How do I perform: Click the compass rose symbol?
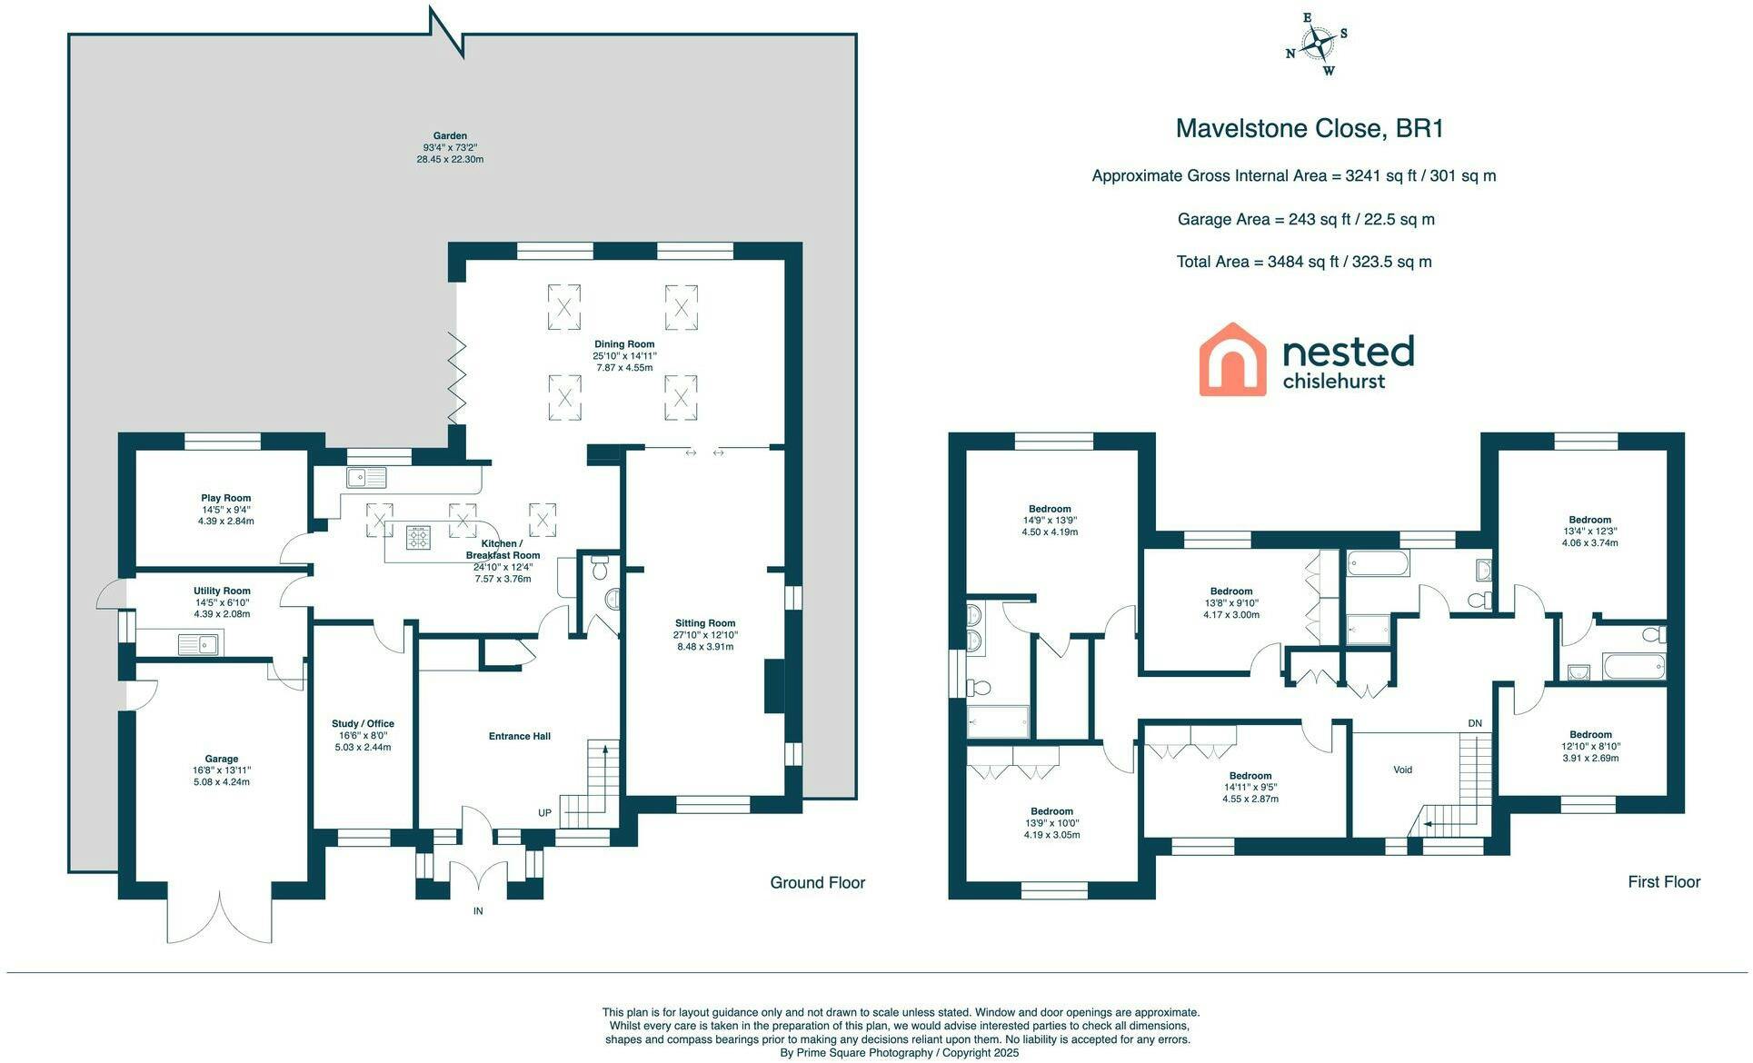[1316, 43]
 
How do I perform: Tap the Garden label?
[451, 136]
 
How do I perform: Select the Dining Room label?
[624, 344]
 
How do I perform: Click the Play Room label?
[226, 498]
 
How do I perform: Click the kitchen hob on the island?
[418, 538]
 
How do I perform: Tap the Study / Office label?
[363, 724]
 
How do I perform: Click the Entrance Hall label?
[520, 736]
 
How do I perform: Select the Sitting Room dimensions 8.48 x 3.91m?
[704, 647]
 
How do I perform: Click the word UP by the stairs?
[544, 813]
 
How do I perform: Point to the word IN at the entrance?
[478, 911]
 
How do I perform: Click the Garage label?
[222, 759]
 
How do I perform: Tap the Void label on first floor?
[1403, 770]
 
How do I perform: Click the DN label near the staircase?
[1475, 723]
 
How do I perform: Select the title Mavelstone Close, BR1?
[1310, 128]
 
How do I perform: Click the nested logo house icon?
[1232, 359]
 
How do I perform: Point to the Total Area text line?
[1304, 262]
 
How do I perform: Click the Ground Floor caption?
[817, 882]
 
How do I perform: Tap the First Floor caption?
[1664, 881]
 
